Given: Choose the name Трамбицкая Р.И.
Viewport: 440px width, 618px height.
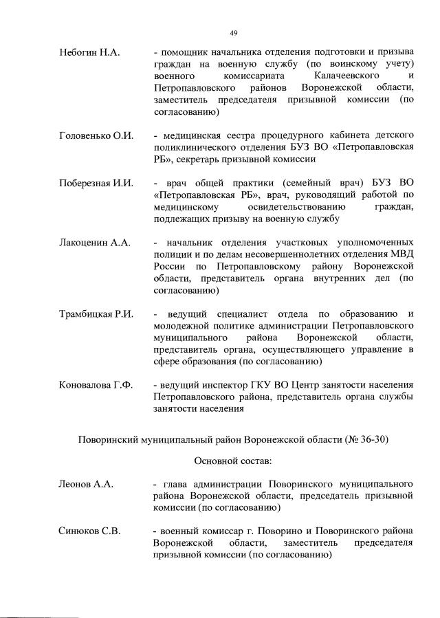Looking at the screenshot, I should tap(97, 314).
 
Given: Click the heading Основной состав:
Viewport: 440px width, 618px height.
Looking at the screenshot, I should tap(234, 461).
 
